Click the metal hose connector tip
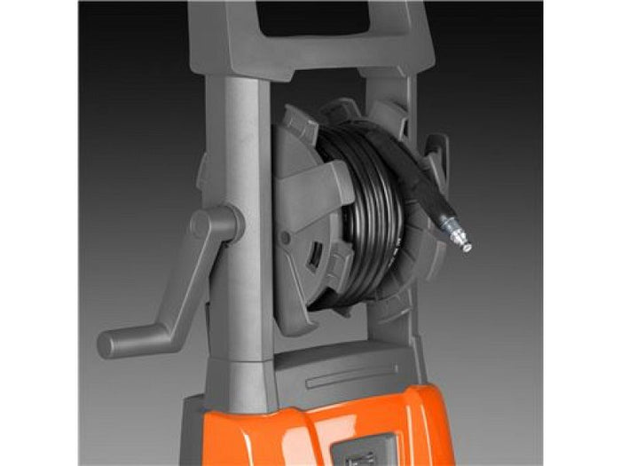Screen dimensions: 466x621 click(x=463, y=242)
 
